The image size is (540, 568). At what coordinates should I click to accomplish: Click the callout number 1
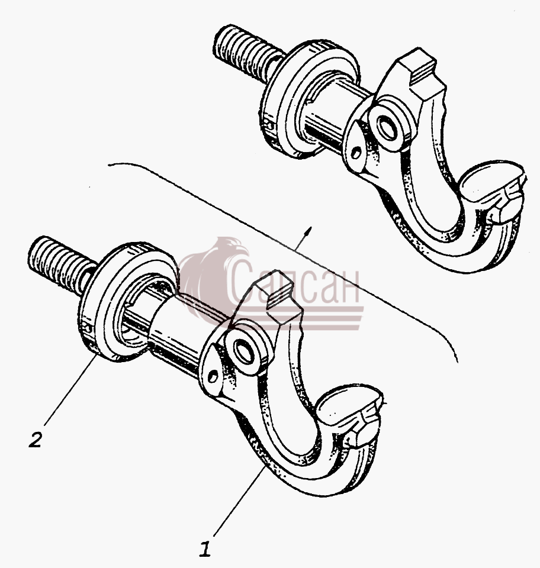coord(205,550)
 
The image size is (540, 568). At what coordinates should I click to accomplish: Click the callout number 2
coord(36,439)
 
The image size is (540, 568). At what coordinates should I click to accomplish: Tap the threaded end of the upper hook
coord(246,54)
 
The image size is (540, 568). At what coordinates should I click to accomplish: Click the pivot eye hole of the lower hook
coord(243,351)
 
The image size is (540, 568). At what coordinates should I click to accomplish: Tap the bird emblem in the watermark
coord(214,275)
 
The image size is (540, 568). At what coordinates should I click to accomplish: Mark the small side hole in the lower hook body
coord(214,377)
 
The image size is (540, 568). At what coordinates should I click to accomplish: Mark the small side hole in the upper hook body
coord(356,153)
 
